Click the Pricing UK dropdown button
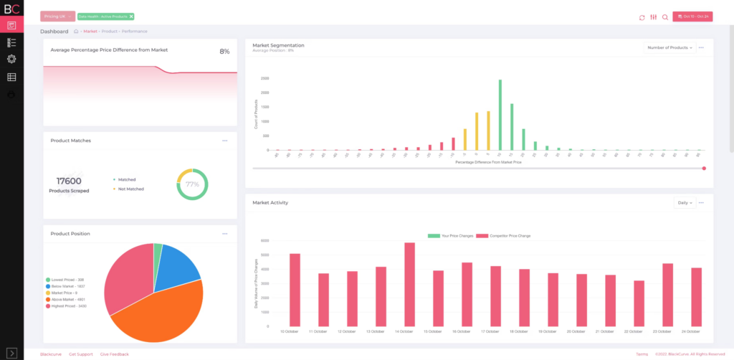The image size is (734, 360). (x=57, y=16)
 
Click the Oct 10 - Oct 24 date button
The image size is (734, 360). (x=692, y=16)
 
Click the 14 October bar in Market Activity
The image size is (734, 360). (x=409, y=284)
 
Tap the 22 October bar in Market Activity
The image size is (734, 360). (x=639, y=303)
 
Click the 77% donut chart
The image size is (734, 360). (x=192, y=184)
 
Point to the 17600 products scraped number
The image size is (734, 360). (x=69, y=181)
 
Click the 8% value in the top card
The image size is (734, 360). (x=224, y=52)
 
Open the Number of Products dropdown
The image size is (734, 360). (x=669, y=47)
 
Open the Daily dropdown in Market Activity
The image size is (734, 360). (x=685, y=203)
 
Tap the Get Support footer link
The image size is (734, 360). (x=81, y=354)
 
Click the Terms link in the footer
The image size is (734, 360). (x=642, y=354)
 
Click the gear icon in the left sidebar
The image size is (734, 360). (x=11, y=60)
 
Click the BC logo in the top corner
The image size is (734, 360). (x=11, y=9)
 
